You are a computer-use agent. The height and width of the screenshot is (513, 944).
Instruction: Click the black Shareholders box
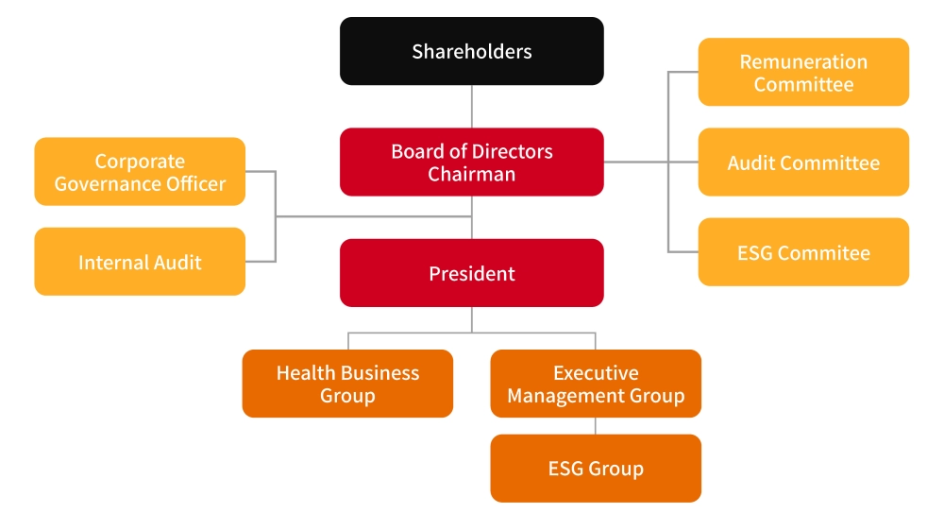pos(471,51)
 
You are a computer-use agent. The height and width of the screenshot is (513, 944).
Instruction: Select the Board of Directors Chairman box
pos(471,162)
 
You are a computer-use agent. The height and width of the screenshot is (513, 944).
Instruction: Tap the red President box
pos(471,273)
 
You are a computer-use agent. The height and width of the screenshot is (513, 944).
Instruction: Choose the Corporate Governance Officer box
pos(140,172)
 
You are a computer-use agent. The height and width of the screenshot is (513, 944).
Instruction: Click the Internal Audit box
pos(140,262)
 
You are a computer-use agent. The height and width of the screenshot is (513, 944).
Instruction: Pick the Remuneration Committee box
pos(803,72)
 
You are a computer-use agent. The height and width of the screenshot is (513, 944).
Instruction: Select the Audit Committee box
pos(803,162)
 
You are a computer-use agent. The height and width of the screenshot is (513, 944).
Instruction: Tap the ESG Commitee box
pos(803,252)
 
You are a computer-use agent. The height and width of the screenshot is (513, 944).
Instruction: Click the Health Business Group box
pos(347,384)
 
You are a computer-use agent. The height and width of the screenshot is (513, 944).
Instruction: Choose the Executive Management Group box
pos(596,384)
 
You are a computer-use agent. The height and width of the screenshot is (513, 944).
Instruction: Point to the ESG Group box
pos(596,469)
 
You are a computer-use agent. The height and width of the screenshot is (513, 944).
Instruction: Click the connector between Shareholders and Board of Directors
pos(472,107)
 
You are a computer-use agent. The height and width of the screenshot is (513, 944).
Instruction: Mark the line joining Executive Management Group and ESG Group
pos(596,426)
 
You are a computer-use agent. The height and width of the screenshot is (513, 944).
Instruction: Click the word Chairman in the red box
pos(471,174)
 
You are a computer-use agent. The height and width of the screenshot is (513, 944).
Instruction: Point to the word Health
pos(306,372)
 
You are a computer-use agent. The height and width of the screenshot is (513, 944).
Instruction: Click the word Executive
pos(596,372)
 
